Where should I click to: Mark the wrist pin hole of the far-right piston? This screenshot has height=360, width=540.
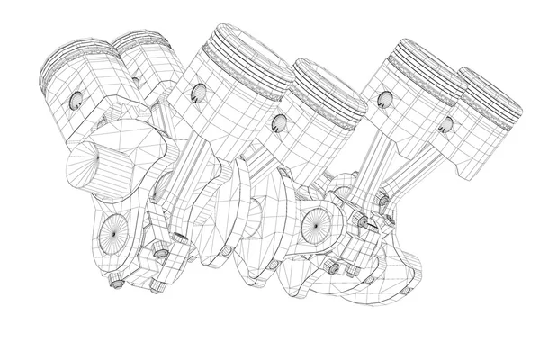[442, 122]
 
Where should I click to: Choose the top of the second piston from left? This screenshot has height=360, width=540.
[144, 40]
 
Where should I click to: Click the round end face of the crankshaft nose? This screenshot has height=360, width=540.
[85, 171]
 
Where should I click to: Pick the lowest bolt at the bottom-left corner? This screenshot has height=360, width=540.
[116, 286]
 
